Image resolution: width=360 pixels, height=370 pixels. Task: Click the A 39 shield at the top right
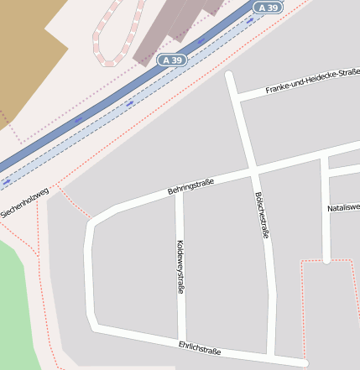(268, 8)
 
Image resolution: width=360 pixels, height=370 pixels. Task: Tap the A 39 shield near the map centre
(172, 60)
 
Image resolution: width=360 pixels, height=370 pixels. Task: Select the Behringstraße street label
(191, 186)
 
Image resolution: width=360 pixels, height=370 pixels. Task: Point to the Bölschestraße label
(261, 216)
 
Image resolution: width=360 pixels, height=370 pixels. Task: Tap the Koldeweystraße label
(180, 267)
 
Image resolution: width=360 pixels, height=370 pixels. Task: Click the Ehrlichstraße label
(200, 348)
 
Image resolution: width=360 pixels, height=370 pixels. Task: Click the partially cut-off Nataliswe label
(343, 206)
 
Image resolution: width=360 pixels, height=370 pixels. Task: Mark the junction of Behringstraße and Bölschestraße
(253, 173)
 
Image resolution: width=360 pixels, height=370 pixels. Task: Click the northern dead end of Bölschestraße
(229, 76)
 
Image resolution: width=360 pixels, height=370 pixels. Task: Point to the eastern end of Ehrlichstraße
(304, 362)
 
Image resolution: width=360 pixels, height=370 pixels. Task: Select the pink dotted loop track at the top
(105, 42)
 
